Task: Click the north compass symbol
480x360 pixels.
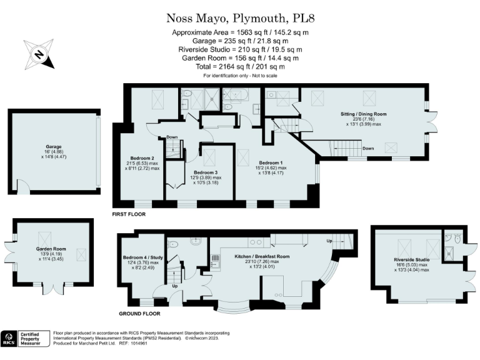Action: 39,54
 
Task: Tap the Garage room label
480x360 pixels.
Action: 52,147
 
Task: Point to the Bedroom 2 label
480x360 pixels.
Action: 142,158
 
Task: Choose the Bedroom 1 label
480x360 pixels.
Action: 272,162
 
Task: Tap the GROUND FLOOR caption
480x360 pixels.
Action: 139,314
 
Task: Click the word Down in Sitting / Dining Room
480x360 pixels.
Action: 368,149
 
